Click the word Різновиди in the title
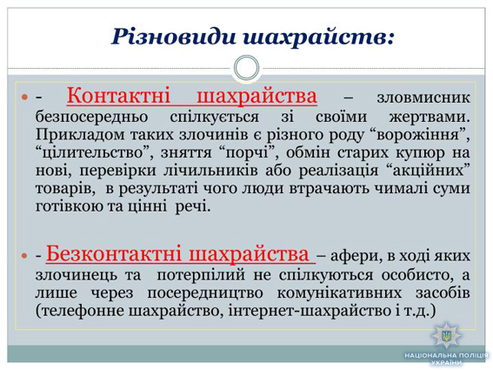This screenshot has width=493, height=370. pos(174,37)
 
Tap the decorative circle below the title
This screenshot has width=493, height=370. pos(247,68)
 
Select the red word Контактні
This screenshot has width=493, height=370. pos(118,96)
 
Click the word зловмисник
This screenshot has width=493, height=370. pos(423,98)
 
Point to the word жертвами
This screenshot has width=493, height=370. pos(430,117)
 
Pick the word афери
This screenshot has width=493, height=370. pos(356,256)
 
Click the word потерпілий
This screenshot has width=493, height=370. pos(201,275)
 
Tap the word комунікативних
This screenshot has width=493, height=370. pos(339,293)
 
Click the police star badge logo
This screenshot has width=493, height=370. pos(446,335)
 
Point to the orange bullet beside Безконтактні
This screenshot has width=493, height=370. pos(25,255)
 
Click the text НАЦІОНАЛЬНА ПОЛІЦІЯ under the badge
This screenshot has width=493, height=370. pos(446,355)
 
